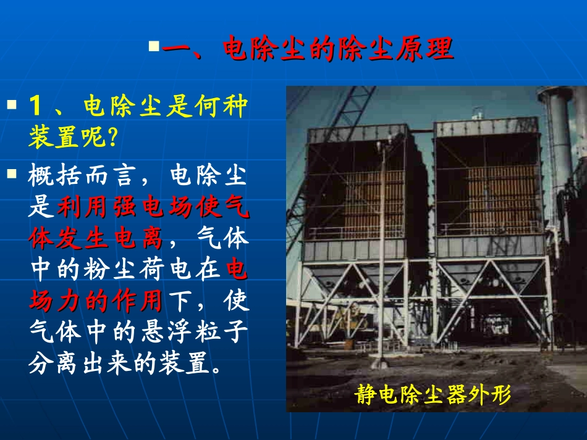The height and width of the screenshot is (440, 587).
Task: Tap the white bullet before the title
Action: coord(154,46)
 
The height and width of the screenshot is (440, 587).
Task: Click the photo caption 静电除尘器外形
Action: coord(433,394)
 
